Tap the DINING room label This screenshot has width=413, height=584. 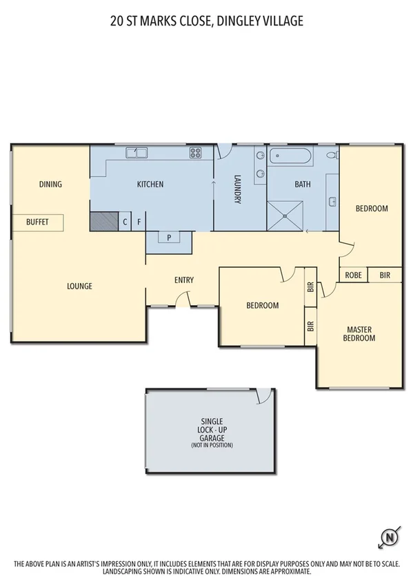click(x=50, y=184)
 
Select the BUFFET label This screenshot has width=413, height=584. click(x=37, y=222)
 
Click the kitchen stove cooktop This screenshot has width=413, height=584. click(x=195, y=153)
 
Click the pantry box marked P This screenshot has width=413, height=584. click(x=169, y=238)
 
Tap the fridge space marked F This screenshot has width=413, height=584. click(x=139, y=222)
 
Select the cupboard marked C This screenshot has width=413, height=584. click(x=125, y=222)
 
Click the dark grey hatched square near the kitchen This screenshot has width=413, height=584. click(x=104, y=221)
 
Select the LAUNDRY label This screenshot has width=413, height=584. click(x=237, y=188)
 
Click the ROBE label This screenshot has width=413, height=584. click(x=353, y=275)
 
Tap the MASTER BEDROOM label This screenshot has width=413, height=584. click(x=360, y=334)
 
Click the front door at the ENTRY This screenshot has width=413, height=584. click(x=183, y=299)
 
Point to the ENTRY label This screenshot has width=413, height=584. click(x=184, y=280)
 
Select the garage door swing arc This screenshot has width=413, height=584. click(x=263, y=396)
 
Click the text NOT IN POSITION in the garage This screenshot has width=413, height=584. click(x=212, y=446)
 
